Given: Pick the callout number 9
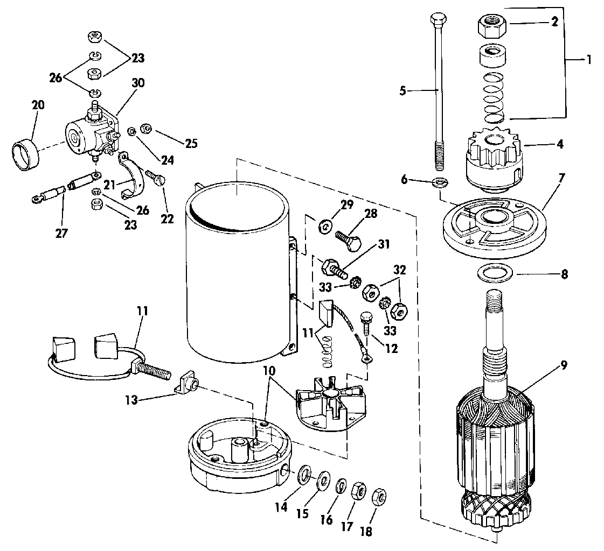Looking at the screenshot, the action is [x=563, y=365].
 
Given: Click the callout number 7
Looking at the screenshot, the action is [x=561, y=178].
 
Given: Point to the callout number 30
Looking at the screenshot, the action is [x=138, y=83].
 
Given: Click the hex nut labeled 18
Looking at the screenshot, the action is [x=379, y=498].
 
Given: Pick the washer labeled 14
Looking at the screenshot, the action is [x=305, y=474].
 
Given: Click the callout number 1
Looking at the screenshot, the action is [x=588, y=60].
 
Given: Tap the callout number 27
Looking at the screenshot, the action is [x=61, y=232].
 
